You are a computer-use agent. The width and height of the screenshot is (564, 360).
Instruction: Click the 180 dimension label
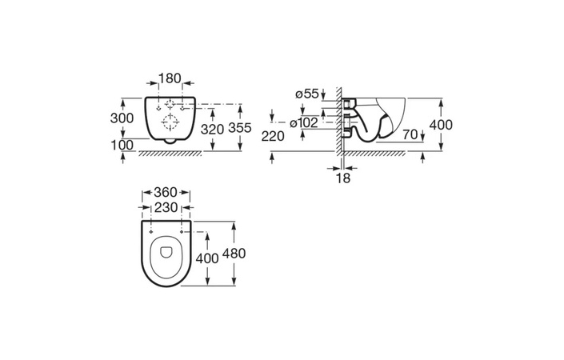coord(170,78)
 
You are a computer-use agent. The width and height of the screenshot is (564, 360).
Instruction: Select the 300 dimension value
coord(122,118)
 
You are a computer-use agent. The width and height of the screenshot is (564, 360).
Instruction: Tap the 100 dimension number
coord(122,146)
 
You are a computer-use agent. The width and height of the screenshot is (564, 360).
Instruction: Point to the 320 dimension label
coord(212,129)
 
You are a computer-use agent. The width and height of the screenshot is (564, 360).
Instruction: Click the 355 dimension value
coord(240,128)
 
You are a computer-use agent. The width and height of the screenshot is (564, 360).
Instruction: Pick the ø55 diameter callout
coord(307,94)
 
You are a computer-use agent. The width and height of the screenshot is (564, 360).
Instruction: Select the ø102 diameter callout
coord(304,123)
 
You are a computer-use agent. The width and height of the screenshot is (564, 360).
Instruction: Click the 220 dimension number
coord(273,136)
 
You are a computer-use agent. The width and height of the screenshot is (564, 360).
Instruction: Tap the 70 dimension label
coord(410,134)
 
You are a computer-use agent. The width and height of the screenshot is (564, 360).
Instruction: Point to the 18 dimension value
coord(342,178)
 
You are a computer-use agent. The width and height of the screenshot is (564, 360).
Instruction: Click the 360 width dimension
coord(166,193)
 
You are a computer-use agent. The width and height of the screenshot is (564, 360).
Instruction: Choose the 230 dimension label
coord(166,207)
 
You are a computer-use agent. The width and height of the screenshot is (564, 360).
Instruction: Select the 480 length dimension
coord(234,254)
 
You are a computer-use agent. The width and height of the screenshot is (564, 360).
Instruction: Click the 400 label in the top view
coord(207,258)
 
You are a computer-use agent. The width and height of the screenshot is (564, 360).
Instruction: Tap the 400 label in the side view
coord(441,125)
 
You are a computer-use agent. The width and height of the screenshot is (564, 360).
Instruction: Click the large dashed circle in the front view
coord(170,122)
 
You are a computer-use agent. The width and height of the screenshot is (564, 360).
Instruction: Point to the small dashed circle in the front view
coord(170,105)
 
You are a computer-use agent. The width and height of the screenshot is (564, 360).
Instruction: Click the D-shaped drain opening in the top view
coord(166,252)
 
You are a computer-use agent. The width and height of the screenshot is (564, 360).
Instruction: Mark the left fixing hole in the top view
coord(151,232)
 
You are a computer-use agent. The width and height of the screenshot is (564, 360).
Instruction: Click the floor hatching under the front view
coord(170,154)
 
